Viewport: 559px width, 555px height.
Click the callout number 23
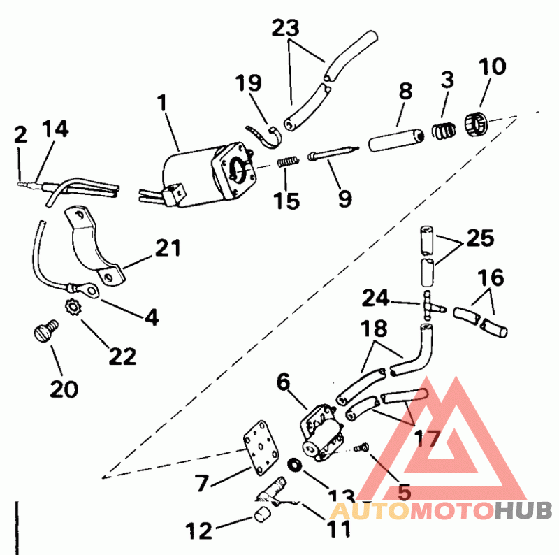point(285,28)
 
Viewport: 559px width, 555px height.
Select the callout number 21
point(168,247)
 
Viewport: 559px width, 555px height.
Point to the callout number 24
point(375,298)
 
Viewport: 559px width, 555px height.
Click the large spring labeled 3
point(444,131)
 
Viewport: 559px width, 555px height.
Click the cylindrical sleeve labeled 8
point(395,140)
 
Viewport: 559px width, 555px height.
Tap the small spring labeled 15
point(288,162)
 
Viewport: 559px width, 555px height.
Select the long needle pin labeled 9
point(333,152)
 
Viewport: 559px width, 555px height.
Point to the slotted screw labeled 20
point(46,331)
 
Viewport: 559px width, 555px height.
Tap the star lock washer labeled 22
point(73,306)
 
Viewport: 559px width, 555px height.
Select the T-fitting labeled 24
point(430,305)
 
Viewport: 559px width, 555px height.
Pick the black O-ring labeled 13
point(295,465)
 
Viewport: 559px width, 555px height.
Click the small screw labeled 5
point(361,447)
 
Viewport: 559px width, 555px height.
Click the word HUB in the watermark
point(523,510)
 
